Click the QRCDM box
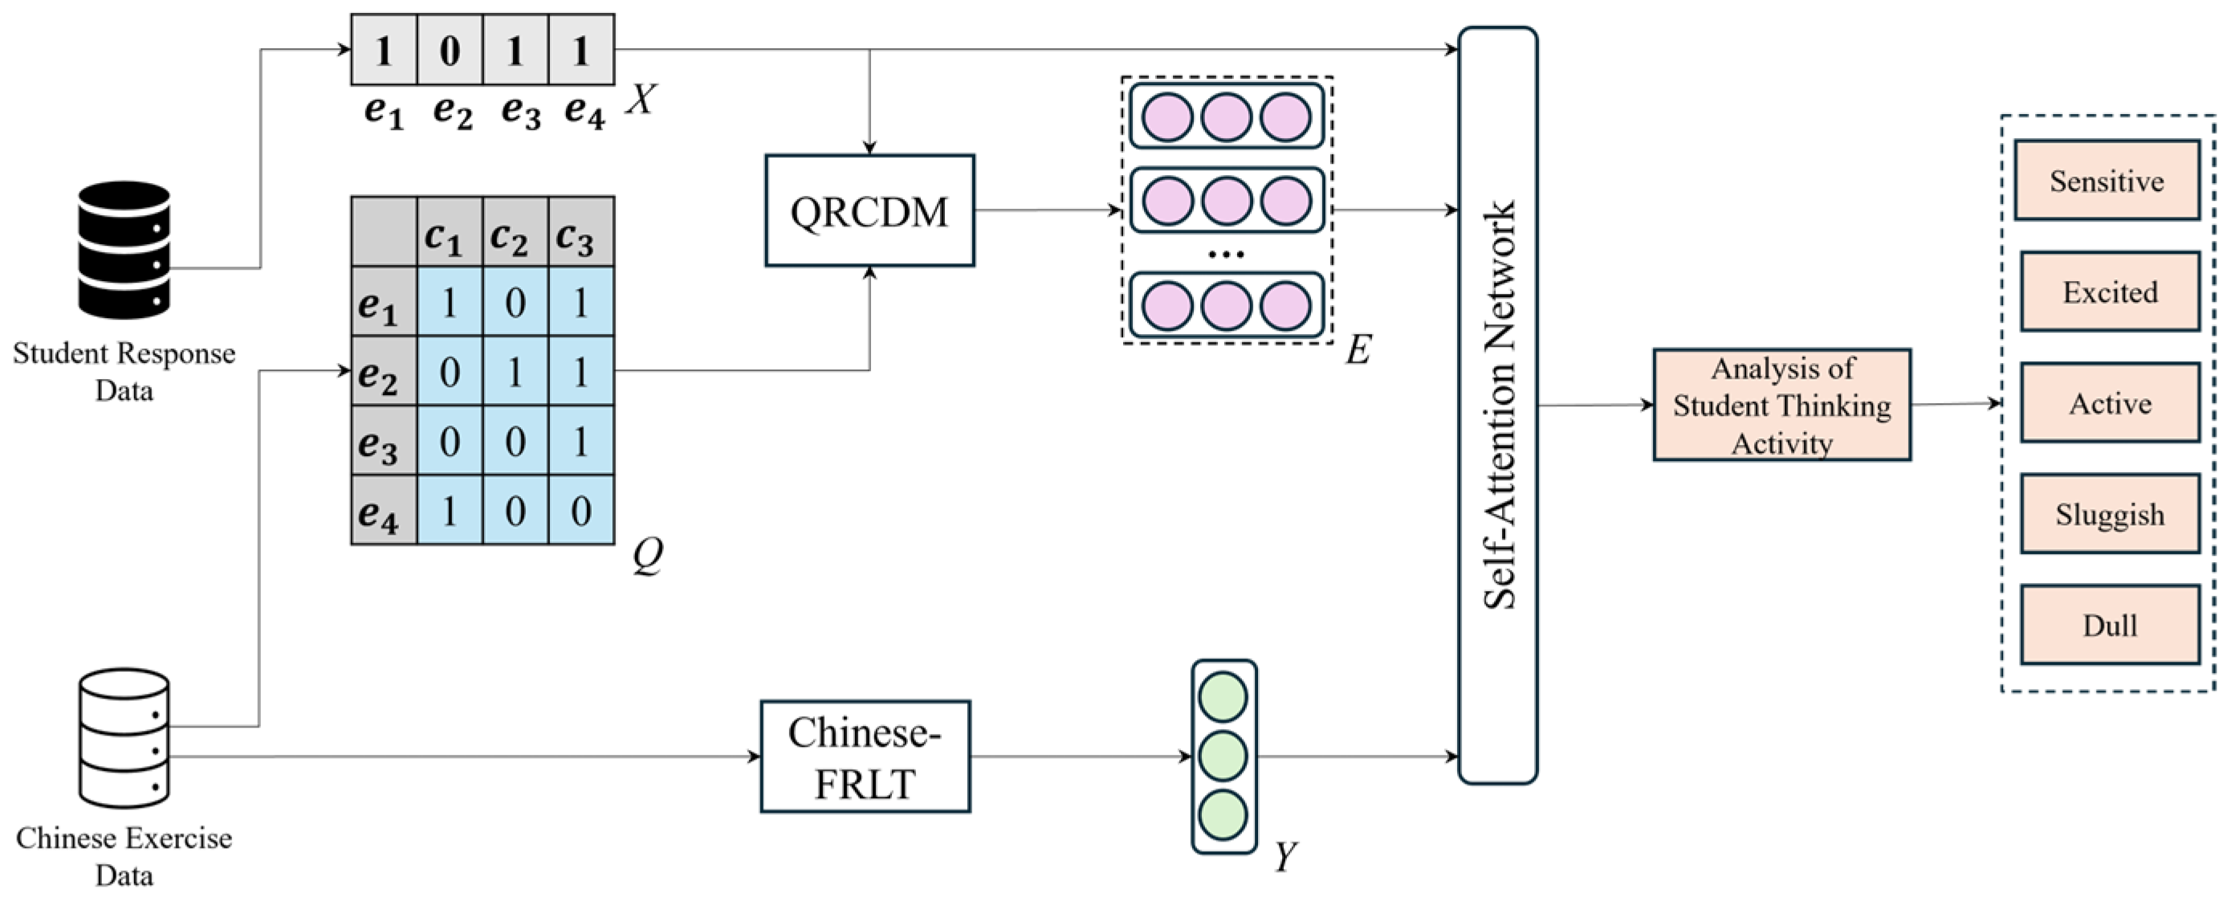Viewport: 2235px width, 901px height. click(869, 211)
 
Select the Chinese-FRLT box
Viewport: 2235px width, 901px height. click(865, 757)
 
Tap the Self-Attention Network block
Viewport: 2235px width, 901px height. click(1497, 406)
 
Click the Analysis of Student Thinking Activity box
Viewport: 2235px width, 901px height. click(1781, 406)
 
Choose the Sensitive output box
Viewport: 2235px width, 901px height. click(2106, 181)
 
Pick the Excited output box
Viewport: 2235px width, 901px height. click(2109, 291)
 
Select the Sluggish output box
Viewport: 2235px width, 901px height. click(2109, 514)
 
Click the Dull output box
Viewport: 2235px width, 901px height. click(2109, 625)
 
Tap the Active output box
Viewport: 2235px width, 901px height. click(2109, 403)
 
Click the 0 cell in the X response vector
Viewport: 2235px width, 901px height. click(450, 51)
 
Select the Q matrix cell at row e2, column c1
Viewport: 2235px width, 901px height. click(450, 372)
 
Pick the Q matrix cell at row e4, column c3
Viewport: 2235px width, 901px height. click(580, 511)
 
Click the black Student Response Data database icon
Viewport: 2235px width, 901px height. click(124, 250)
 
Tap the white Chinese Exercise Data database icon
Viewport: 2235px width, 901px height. click(124, 738)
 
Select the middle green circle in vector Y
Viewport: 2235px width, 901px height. click(1223, 756)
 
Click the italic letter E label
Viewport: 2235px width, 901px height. click(1358, 350)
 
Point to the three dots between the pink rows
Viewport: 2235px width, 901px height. click(1225, 255)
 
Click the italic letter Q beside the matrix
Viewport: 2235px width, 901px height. click(647, 554)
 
